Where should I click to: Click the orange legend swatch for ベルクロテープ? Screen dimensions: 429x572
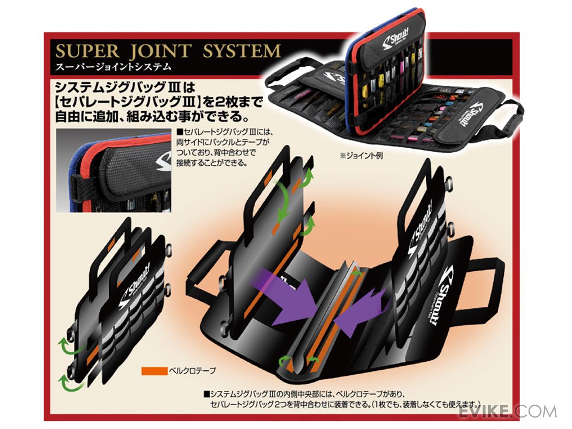(x=153, y=370)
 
